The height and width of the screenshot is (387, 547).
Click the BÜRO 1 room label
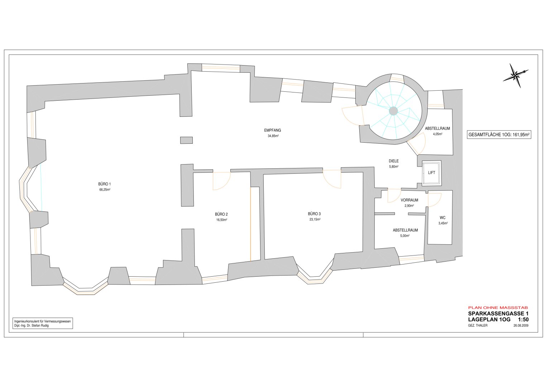point(105,184)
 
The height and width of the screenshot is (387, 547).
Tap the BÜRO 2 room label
point(221,214)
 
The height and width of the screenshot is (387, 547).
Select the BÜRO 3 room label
point(314,214)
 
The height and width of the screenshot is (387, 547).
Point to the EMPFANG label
point(273,130)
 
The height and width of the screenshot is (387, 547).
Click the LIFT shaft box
point(432,173)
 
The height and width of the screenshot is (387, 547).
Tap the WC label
point(442,218)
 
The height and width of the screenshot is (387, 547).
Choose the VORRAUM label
point(409,200)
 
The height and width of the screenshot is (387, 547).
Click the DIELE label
point(394,161)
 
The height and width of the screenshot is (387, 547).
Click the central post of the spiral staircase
point(393,111)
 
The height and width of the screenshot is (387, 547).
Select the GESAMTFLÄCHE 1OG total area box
point(499,135)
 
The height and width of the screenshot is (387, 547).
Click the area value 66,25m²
point(105,190)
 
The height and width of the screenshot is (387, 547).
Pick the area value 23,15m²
point(315,219)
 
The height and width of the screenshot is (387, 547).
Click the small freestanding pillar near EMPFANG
point(186,140)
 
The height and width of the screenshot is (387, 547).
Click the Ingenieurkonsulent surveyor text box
point(43,324)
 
